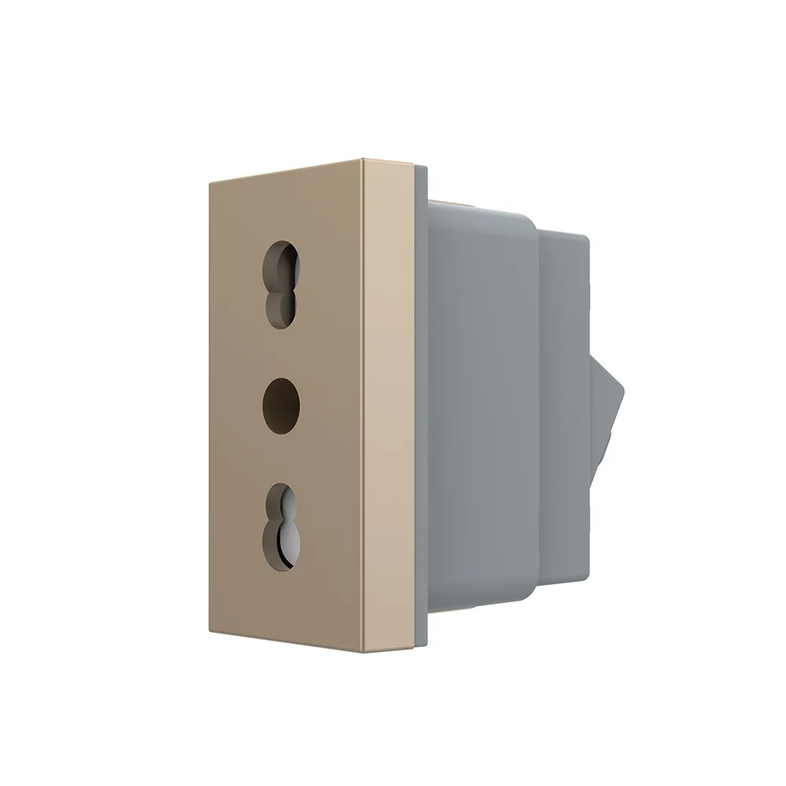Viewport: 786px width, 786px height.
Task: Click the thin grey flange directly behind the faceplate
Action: pyautogui.click(x=421, y=409)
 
